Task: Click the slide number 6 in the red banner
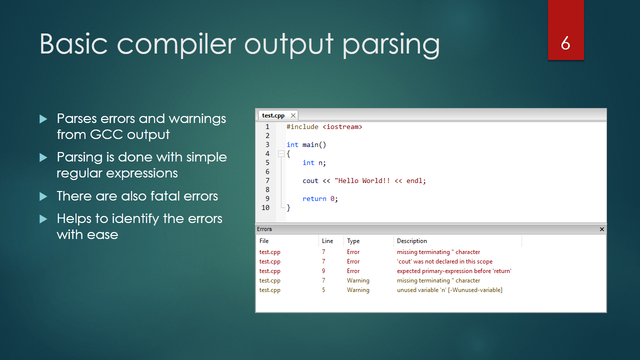point(565,43)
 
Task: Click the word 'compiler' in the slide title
point(176,44)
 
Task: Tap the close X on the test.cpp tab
point(293,115)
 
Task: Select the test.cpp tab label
point(273,115)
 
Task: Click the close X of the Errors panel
point(601,229)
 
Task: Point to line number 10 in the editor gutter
point(265,207)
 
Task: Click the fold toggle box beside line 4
point(281,154)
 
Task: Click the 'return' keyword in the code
point(314,199)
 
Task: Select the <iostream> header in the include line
point(342,127)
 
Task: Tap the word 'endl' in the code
point(414,181)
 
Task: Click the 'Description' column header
point(411,241)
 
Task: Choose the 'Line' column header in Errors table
point(327,241)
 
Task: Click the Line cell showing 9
point(323,271)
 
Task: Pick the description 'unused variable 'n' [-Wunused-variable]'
point(449,290)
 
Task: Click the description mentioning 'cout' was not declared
point(444,261)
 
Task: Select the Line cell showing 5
point(323,290)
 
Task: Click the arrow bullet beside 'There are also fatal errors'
point(43,196)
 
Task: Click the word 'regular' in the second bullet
point(79,173)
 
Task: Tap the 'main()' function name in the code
point(314,145)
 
